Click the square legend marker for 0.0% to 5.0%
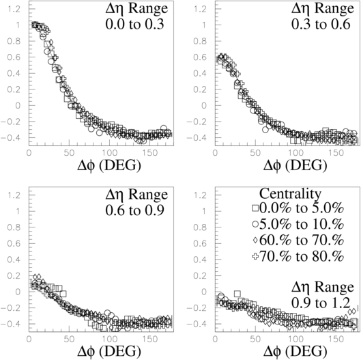click(x=255, y=208)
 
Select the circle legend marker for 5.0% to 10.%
click(x=255, y=224)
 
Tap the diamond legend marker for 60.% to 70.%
click(x=255, y=240)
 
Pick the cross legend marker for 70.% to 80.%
click(x=255, y=256)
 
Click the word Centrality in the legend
click(x=290, y=194)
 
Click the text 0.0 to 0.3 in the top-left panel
click(x=134, y=24)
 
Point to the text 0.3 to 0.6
click(x=321, y=24)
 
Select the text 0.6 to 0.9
click(x=134, y=210)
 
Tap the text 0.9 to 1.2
click(x=321, y=303)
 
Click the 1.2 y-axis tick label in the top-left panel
click(x=14, y=9)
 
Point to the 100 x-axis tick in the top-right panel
click(x=295, y=153)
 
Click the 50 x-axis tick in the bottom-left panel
click(x=70, y=339)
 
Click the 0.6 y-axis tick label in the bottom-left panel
click(x=14, y=243)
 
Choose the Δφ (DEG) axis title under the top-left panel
click(x=109, y=166)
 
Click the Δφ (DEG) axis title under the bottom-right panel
click(x=295, y=352)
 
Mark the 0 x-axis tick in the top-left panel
click(x=29, y=153)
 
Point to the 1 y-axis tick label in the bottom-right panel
click(x=204, y=211)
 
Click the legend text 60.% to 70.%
click(x=302, y=240)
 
